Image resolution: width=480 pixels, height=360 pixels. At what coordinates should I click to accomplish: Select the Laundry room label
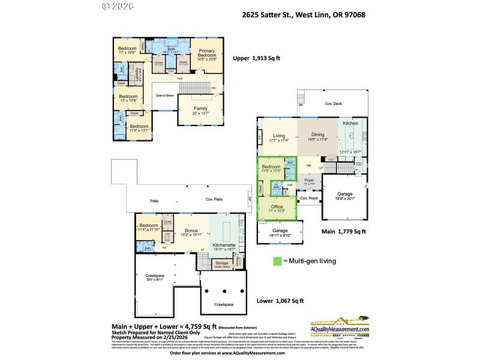pos(137,76)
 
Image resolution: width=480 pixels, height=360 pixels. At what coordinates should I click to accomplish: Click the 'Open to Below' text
pos(164,95)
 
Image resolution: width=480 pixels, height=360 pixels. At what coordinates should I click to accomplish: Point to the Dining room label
pos(317,136)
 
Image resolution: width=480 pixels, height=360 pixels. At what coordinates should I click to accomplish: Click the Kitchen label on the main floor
pos(351,122)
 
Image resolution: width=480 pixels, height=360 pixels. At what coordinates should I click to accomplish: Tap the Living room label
pos(279,136)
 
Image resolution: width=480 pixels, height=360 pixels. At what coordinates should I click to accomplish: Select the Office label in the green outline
pos(277,208)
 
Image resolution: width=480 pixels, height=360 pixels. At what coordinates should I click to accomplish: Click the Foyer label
pos(309,179)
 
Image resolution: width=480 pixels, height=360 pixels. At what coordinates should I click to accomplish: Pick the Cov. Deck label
pos(334,104)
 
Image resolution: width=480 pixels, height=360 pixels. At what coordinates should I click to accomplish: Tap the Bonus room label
pos(191,231)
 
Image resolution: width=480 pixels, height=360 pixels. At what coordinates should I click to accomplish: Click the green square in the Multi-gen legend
pos(278,261)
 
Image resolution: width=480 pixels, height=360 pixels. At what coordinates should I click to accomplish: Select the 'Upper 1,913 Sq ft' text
pos(256,58)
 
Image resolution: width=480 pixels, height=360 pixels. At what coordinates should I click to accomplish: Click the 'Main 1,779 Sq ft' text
pos(343,230)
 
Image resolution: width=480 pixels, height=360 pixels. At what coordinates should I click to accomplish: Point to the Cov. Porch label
pos(308,199)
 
